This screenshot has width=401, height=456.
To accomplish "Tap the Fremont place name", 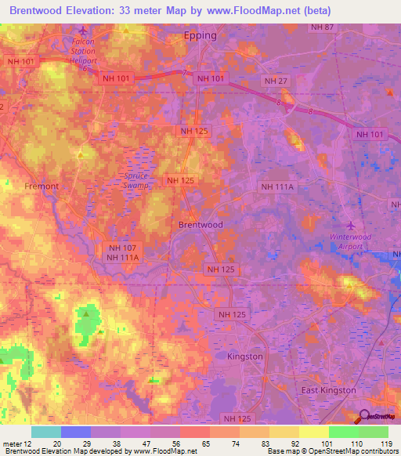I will (x=42, y=186).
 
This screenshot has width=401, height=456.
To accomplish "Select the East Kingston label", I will (x=329, y=390).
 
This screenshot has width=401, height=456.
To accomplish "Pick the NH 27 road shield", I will (x=276, y=81).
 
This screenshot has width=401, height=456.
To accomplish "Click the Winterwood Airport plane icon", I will (x=350, y=216).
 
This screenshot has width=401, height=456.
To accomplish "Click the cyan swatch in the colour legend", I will (x=45, y=432).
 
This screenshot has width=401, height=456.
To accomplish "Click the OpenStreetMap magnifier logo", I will (x=365, y=417).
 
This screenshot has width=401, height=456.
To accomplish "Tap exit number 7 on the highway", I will (x=185, y=73).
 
